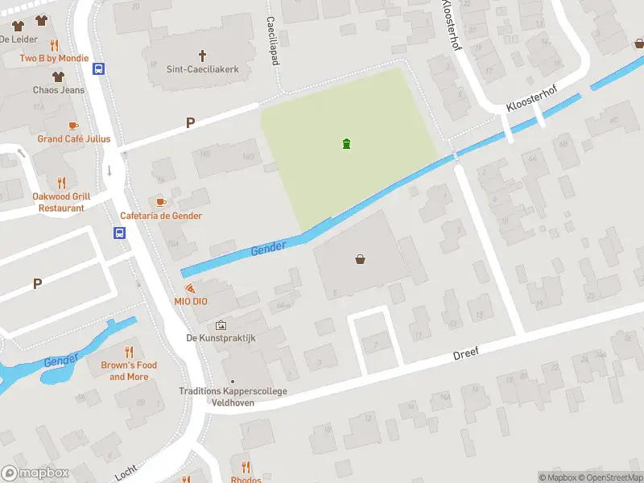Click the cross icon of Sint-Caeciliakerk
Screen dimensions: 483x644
tap(202, 56)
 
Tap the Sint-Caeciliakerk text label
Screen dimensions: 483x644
tap(202, 70)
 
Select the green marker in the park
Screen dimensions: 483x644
tap(346, 144)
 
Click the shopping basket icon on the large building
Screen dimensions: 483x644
tap(360, 259)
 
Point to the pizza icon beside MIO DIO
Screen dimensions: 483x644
tap(189, 287)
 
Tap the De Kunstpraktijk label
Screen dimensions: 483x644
tap(221, 338)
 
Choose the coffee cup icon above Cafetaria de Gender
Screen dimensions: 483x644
tap(160, 201)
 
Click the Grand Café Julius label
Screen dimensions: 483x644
tap(74, 139)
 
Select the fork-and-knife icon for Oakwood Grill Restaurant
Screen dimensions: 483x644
tap(61, 183)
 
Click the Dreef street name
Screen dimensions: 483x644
tap(465, 353)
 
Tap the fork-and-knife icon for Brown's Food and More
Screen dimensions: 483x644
tap(129, 352)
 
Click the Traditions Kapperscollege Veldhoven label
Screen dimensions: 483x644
tap(233, 397)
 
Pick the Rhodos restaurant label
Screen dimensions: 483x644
tap(246, 479)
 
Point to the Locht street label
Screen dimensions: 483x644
tap(126, 471)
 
